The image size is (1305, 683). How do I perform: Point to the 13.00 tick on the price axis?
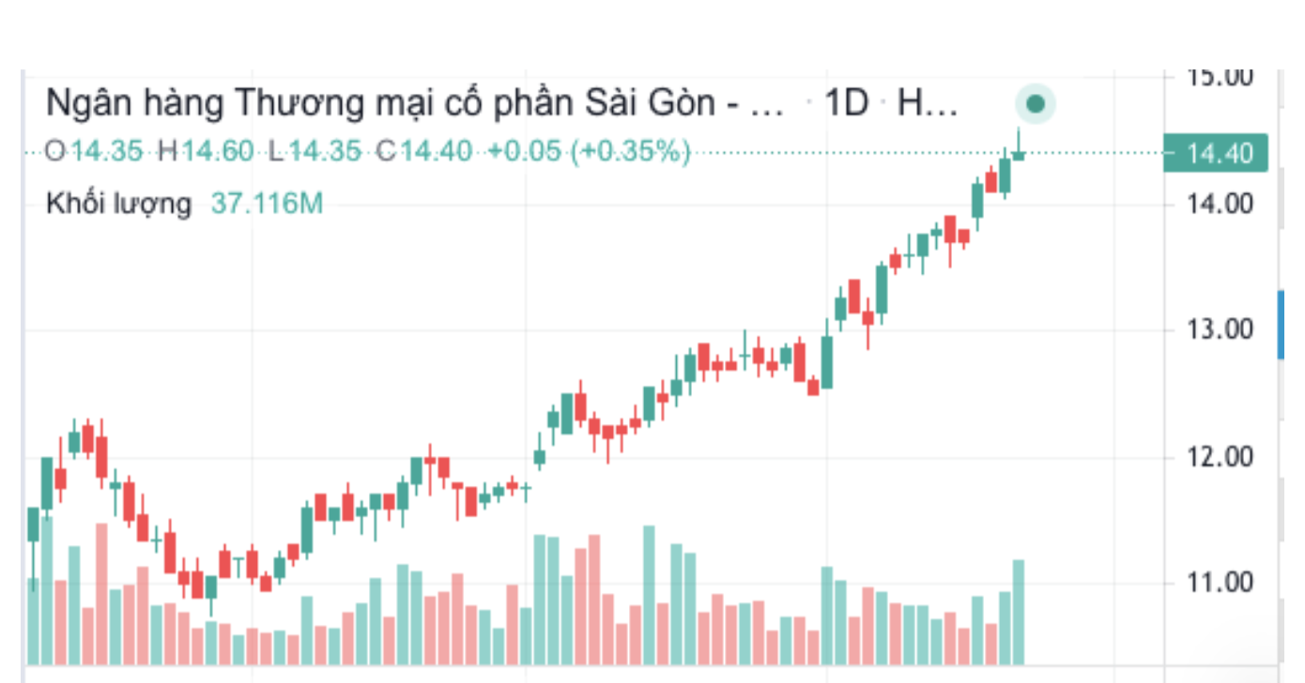[x=1219, y=329]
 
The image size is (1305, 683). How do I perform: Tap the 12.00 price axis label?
[x=1219, y=457]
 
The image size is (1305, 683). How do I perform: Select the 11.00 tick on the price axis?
[x=1219, y=583]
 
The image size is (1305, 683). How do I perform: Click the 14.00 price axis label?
[x=1219, y=203]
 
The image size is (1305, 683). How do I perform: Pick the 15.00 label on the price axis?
[x=1219, y=77]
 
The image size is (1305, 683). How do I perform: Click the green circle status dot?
[x=1036, y=104]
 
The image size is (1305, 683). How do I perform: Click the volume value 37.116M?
[x=267, y=203]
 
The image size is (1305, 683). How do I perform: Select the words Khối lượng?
[x=118, y=203]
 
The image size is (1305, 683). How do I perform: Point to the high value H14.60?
[x=206, y=151]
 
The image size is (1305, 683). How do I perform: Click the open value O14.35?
[x=95, y=151]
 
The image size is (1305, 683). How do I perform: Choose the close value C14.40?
[x=424, y=151]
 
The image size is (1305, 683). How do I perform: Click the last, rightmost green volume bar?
[x=1018, y=612]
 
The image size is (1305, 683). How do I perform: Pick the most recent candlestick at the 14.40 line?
[x=1018, y=153]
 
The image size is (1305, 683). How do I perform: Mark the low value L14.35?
[x=315, y=151]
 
